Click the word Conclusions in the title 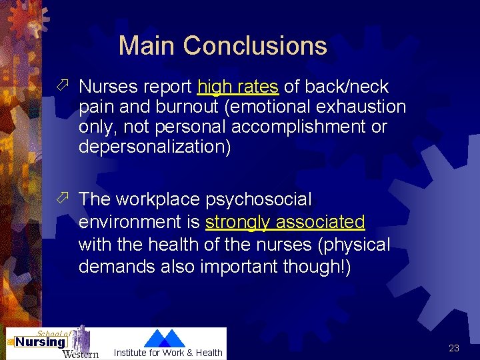255,46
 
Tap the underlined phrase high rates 238,87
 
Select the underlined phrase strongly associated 285,222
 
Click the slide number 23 454,348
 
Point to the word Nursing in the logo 41,343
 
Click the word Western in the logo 81,353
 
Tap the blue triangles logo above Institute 165,338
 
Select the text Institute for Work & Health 168,353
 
